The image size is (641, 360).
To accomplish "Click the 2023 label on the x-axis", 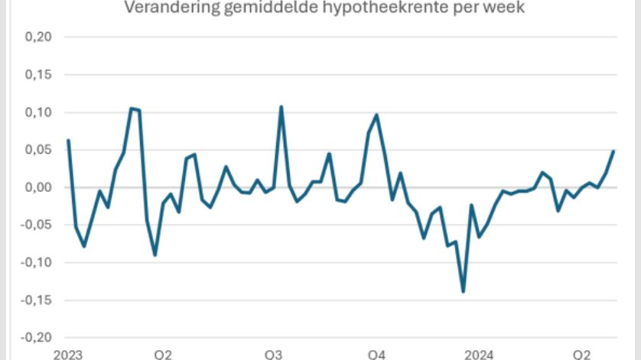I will [x=67, y=354].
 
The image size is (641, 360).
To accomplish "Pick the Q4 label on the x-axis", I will [x=376, y=354].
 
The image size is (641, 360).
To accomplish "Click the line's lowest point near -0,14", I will [x=464, y=292].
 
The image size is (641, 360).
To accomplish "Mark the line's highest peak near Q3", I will [x=281, y=107].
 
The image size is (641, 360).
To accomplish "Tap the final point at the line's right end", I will [x=613, y=151].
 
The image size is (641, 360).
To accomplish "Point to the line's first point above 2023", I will [x=68, y=140].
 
